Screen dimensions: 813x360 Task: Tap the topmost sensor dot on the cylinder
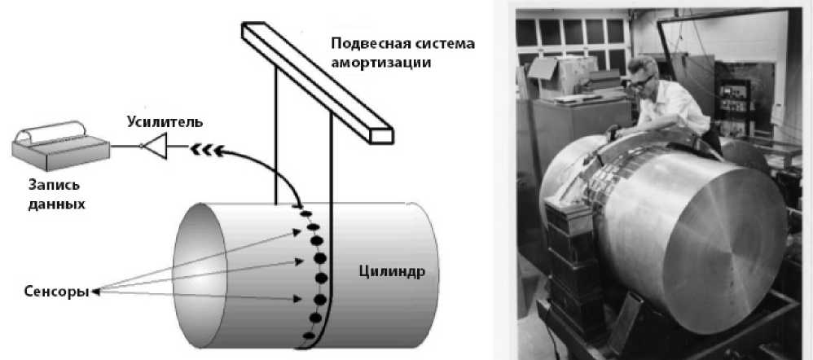pyautogui.click(x=305, y=214)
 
